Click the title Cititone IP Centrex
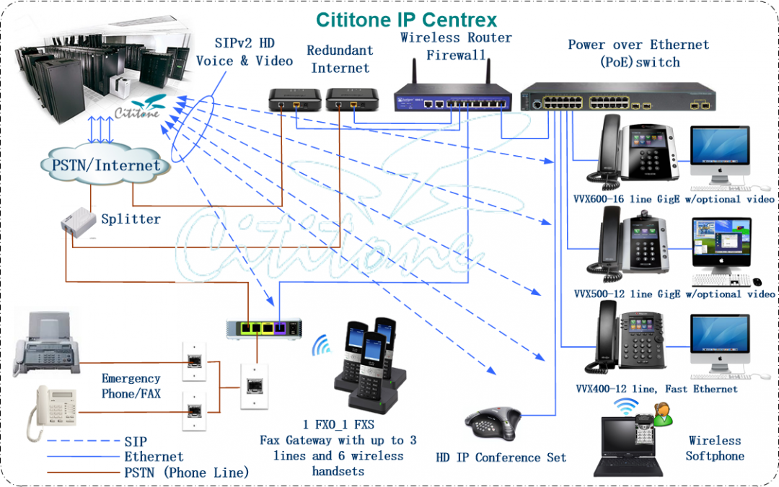click(x=406, y=19)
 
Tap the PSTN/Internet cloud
click(x=106, y=165)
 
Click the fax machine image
click(x=46, y=344)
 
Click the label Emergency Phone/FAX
click(x=131, y=386)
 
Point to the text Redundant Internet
click(x=340, y=59)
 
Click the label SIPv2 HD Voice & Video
click(x=245, y=52)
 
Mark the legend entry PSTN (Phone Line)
click(x=186, y=473)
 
